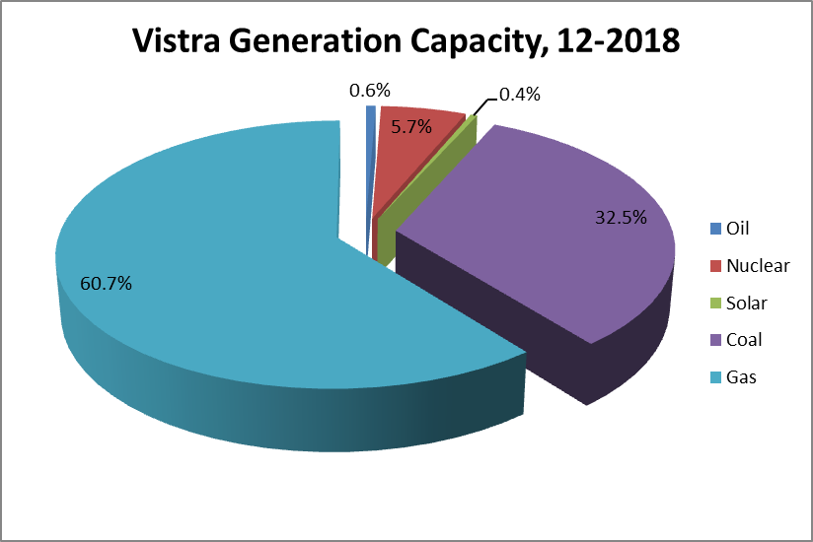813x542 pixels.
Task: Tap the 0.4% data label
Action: pyautogui.click(x=519, y=95)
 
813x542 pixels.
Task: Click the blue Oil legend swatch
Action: pyautogui.click(x=715, y=229)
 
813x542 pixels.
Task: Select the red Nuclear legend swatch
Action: pyautogui.click(x=715, y=266)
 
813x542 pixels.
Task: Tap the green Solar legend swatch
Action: pyautogui.click(x=715, y=304)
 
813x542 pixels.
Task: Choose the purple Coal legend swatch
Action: pyautogui.click(x=715, y=340)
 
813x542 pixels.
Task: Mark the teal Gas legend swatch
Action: pyautogui.click(x=715, y=377)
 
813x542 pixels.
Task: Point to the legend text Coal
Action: pyautogui.click(x=744, y=340)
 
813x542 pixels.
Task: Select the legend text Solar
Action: pyautogui.click(x=746, y=304)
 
